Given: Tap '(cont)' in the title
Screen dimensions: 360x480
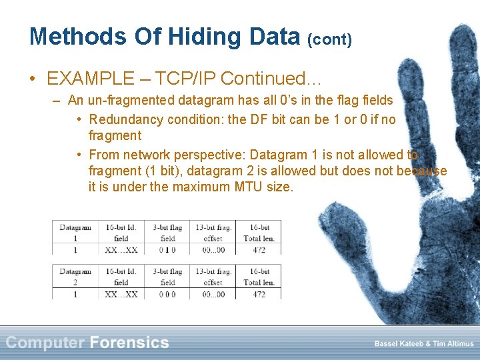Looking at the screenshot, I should pos(329,39).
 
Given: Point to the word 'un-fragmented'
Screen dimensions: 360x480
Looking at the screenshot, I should pos(128,101).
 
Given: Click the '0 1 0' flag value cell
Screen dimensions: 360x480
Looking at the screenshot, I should pos(167,249).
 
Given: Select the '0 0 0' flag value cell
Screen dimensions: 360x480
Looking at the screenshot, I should pos(167,294).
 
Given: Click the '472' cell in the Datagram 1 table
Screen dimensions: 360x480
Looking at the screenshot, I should pos(259,249).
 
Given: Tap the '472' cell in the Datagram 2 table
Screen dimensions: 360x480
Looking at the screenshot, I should pos(259,294).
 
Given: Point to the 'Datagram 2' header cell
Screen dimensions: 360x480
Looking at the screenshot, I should pos(75,277).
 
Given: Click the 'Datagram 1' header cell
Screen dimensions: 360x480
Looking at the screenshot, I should pos(75,232).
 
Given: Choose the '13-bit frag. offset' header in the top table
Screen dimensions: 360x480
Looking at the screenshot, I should pos(214,232).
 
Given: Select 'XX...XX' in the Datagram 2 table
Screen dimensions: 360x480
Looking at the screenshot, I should pos(121,294).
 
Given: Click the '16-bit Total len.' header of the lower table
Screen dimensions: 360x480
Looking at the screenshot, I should pos(259,277).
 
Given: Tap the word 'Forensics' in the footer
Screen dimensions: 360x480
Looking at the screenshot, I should pos(129,343).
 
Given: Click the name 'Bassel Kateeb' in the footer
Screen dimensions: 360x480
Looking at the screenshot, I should pos(399,344).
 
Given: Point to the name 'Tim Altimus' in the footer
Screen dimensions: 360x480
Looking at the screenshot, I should pos(452,344).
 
